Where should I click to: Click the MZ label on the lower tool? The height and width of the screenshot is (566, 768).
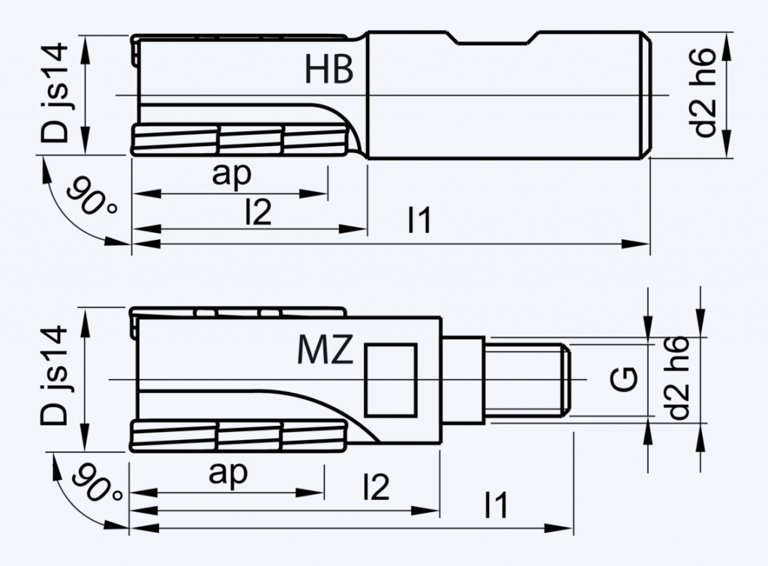(325, 350)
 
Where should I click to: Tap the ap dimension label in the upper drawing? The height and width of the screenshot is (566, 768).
(231, 174)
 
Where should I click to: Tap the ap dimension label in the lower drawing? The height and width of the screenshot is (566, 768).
(228, 473)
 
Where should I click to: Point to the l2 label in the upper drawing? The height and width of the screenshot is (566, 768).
(257, 213)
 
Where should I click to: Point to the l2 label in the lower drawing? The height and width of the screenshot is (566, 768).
(376, 488)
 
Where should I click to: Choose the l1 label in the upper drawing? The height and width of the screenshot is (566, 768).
(419, 220)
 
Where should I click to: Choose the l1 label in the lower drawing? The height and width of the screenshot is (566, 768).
(496, 505)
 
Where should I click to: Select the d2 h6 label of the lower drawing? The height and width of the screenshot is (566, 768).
(679, 379)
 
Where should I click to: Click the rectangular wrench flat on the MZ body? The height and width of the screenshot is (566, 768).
(390, 379)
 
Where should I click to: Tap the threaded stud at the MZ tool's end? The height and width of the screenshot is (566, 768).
(529, 379)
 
